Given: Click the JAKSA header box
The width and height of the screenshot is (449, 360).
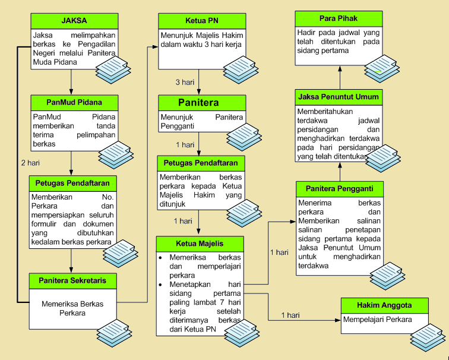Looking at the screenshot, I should [74, 22].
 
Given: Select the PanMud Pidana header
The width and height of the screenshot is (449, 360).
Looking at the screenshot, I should [74, 102].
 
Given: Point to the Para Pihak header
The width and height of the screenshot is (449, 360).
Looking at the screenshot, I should [339, 18].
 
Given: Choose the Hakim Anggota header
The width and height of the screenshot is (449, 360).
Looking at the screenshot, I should [384, 305].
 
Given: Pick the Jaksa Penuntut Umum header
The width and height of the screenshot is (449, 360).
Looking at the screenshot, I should [339, 97].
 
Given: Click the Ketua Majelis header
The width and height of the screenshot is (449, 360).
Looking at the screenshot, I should [200, 244].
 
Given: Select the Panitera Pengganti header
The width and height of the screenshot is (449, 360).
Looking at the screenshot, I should [339, 189].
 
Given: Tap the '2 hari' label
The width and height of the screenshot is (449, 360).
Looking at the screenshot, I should [31, 162].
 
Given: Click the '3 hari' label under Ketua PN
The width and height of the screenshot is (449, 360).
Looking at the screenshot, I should [185, 81].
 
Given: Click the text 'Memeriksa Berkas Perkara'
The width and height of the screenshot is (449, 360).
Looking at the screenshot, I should [72, 308].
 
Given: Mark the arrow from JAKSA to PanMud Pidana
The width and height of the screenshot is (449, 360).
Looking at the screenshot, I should [71, 83].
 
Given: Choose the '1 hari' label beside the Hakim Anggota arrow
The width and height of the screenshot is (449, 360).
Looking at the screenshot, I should [290, 315].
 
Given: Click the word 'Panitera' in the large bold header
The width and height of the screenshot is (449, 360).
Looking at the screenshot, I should [199, 103].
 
